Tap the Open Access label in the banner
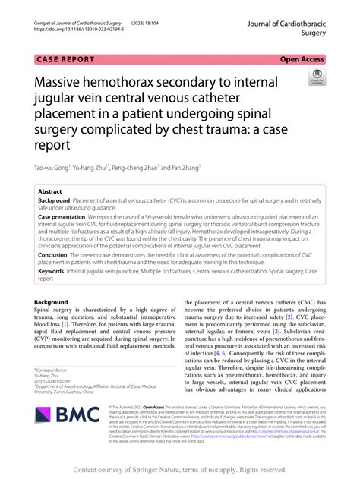(x=303, y=58)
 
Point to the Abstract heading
(x=51, y=192)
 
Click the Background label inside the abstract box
(x=59, y=201)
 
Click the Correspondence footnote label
(x=55, y=370)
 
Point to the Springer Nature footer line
(x=179, y=470)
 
